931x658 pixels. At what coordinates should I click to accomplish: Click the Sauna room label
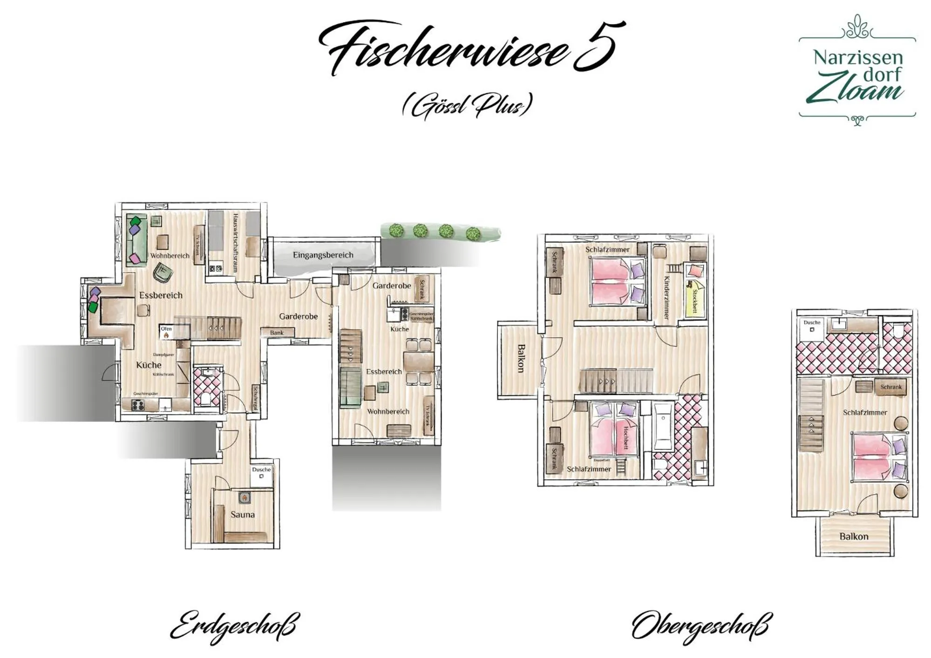click(x=243, y=514)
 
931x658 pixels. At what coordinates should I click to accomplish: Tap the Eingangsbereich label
click(x=323, y=255)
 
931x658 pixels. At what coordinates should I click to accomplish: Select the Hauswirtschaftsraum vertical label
click(x=235, y=242)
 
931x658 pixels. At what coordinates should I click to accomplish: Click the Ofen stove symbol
click(x=166, y=335)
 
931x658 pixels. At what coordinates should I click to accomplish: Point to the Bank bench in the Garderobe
click(x=277, y=332)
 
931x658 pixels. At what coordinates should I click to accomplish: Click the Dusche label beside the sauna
click(x=261, y=469)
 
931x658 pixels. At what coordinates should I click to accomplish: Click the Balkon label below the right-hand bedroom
click(x=854, y=536)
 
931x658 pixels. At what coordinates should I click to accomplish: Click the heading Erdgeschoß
click(x=234, y=626)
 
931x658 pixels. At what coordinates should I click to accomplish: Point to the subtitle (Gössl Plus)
click(x=467, y=106)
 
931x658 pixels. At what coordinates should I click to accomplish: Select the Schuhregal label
click(x=255, y=398)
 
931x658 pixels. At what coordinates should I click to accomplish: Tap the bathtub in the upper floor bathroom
click(x=663, y=426)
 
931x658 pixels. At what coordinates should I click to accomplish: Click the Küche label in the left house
click(x=149, y=365)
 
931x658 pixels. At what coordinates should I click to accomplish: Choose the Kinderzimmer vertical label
click(x=666, y=298)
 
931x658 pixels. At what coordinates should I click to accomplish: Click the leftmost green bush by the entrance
click(x=395, y=230)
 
